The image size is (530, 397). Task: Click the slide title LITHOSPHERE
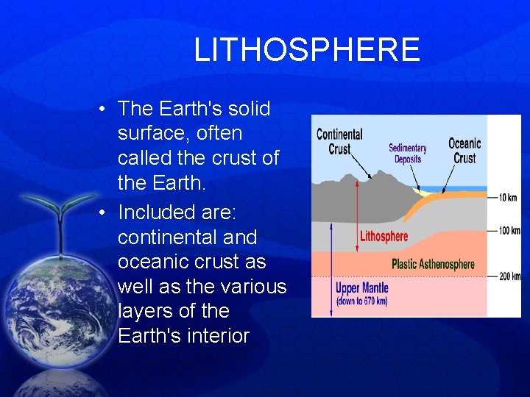point(306,50)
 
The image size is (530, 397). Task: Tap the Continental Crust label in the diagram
point(339,141)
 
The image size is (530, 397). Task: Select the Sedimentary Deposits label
point(408,154)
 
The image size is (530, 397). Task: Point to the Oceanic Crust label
point(464,150)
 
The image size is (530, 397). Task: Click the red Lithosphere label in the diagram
point(384,237)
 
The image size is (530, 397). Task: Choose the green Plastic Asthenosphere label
point(433,265)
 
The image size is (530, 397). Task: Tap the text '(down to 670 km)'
point(361,301)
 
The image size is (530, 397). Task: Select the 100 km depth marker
point(509,231)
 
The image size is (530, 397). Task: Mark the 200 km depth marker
point(509,276)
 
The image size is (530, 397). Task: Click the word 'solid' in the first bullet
point(251,109)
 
